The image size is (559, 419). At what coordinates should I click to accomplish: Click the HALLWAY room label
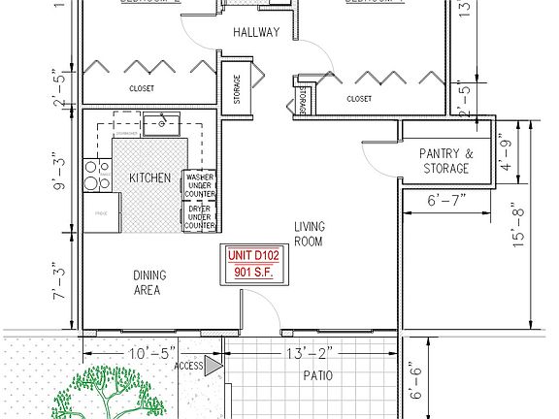point(256,33)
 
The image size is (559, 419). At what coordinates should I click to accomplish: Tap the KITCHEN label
point(149,178)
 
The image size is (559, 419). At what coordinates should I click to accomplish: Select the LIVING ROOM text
point(309,234)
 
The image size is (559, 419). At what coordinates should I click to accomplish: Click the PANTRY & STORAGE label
point(445,161)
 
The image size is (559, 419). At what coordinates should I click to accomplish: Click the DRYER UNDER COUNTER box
point(199,217)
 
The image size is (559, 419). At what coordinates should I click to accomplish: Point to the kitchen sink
point(161,123)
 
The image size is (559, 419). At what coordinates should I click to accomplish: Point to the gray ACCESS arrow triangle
point(213,366)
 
